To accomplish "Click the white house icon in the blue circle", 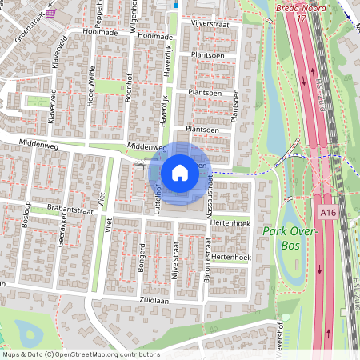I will tap(179, 172).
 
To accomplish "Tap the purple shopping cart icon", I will tap(52, 14).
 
